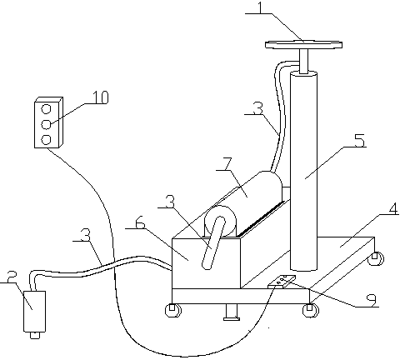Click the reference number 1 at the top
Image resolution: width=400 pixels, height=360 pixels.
(x=260, y=8)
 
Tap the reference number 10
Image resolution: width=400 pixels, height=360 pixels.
(x=100, y=97)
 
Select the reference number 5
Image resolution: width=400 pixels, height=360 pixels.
(x=360, y=141)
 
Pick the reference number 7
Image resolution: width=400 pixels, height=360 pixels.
(x=227, y=164)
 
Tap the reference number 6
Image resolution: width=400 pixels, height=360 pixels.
(x=140, y=222)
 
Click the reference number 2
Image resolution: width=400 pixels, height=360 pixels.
(x=12, y=277)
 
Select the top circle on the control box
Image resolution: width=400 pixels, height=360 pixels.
(x=46, y=109)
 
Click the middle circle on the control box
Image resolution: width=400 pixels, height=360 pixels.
(x=46, y=124)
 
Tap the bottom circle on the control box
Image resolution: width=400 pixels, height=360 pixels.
(x=46, y=140)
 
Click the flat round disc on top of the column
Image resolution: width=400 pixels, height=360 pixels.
(x=303, y=44)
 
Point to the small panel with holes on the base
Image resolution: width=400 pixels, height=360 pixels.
(x=282, y=282)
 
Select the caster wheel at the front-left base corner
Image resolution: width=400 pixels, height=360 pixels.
(x=173, y=310)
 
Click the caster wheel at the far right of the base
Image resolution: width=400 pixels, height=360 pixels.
(x=376, y=258)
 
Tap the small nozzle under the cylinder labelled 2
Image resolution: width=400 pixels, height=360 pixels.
(x=35, y=335)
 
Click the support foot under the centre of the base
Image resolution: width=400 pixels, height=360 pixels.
(x=232, y=312)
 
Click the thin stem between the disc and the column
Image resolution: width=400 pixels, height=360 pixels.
(x=303, y=61)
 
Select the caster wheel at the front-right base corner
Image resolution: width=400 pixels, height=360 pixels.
(x=311, y=310)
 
